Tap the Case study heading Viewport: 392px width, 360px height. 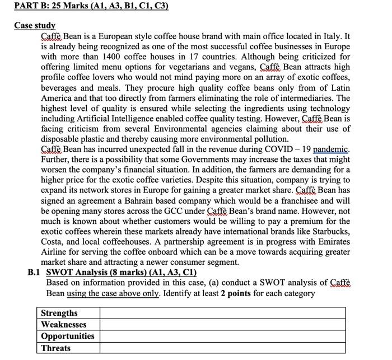pos(35,25)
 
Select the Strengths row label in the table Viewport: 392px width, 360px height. pos(59,313)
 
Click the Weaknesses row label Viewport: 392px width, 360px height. pos(63,325)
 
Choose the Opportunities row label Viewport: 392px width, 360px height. pos(67,336)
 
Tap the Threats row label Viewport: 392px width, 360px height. pos(55,348)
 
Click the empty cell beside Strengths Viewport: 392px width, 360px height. pos(222,313)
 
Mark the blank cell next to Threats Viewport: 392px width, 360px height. pos(222,348)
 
